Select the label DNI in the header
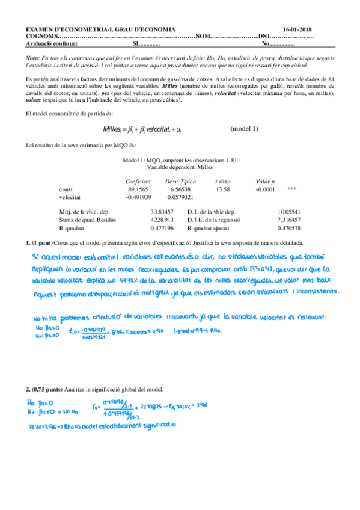264,36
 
